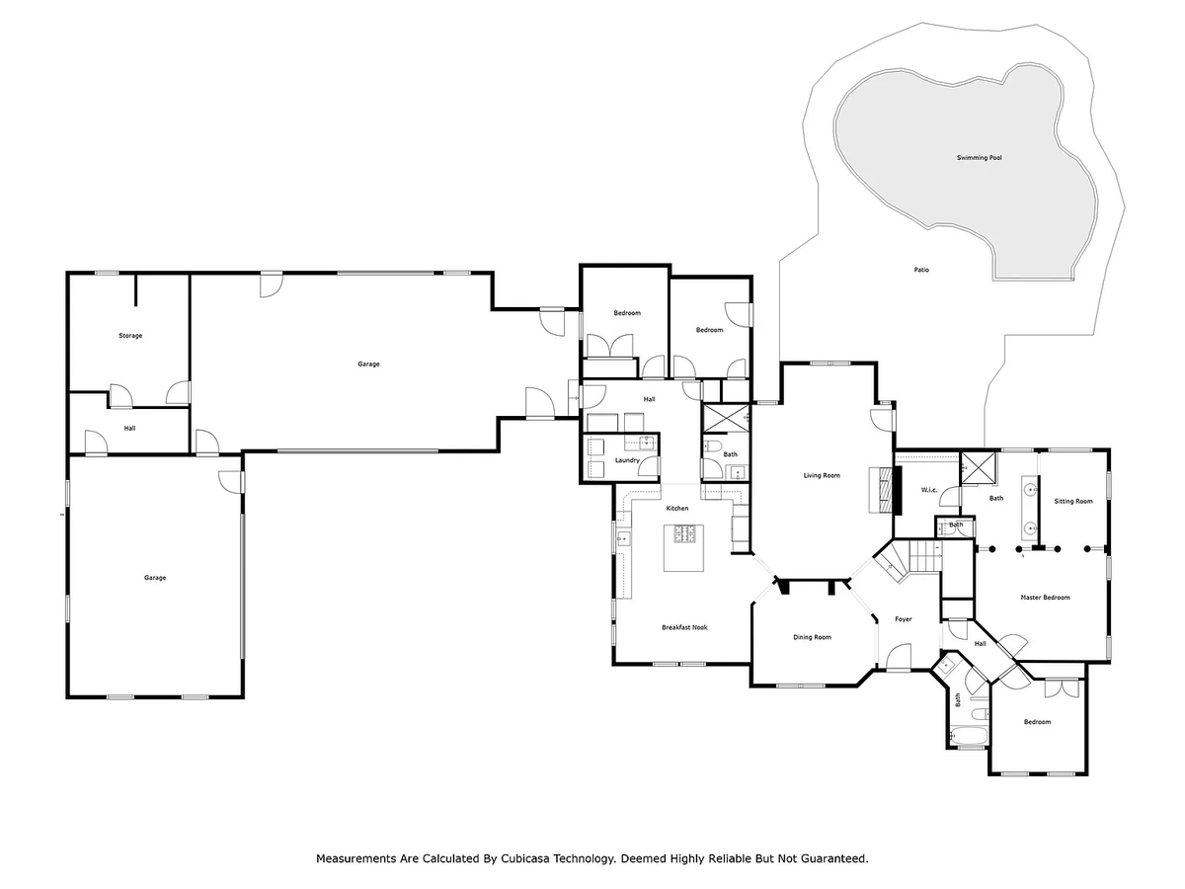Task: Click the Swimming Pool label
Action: point(979,158)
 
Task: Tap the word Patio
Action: point(921,270)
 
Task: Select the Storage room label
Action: point(130,335)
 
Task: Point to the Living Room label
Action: point(822,475)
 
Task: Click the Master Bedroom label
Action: point(1045,598)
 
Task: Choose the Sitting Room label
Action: point(1072,501)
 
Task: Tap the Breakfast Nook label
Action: point(684,627)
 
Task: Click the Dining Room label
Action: point(812,637)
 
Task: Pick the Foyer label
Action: point(904,619)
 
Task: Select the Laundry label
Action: point(627,460)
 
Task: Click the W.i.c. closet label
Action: point(928,490)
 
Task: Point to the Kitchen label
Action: point(676,508)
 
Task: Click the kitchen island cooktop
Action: point(683,533)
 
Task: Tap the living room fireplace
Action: point(885,489)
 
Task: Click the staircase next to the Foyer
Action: point(909,560)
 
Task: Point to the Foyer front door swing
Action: point(899,657)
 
